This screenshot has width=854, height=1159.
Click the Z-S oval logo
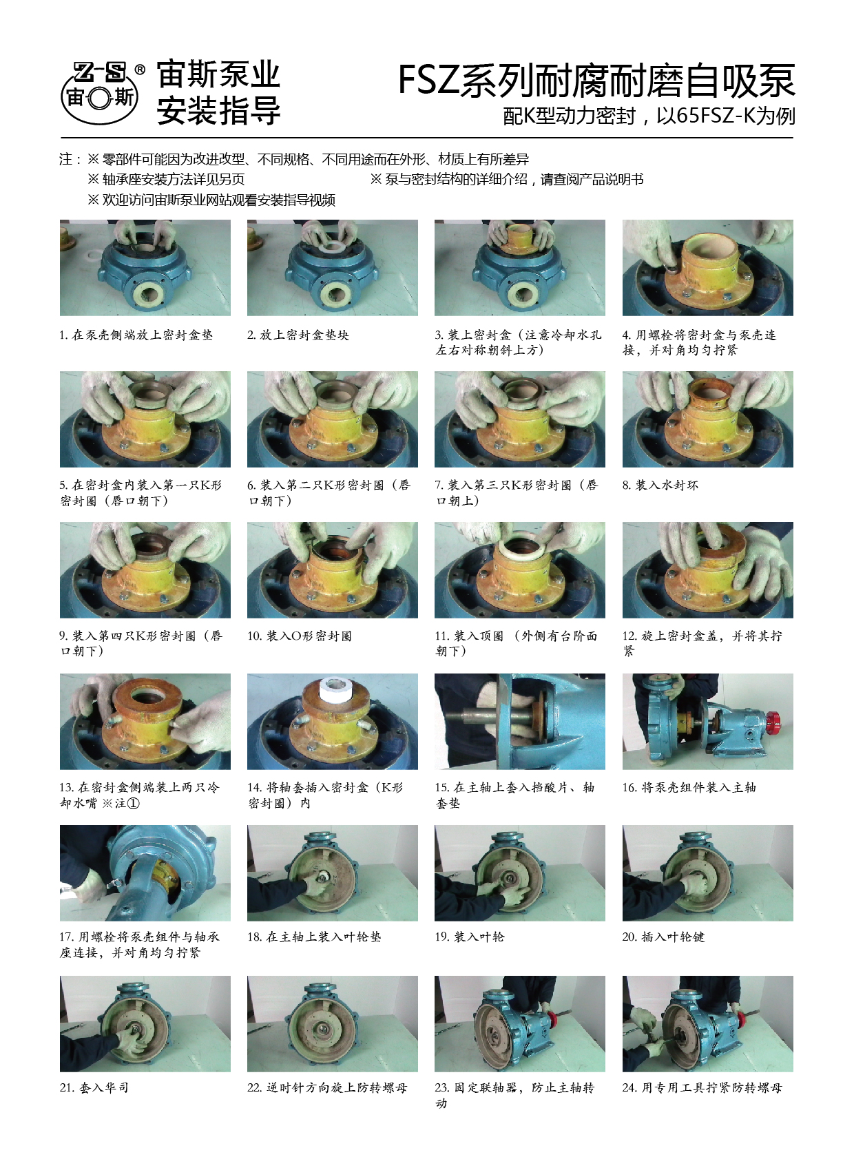(99, 93)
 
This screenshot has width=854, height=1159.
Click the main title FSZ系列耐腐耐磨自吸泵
(596, 81)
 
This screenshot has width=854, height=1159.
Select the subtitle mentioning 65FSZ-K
(649, 116)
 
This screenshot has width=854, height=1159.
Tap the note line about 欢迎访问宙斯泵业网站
(211, 200)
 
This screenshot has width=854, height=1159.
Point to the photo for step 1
(145, 267)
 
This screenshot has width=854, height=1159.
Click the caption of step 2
(298, 335)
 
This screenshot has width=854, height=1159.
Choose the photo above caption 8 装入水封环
(707, 419)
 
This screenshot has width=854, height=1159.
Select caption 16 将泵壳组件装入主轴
(689, 787)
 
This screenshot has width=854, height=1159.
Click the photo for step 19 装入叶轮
(520, 873)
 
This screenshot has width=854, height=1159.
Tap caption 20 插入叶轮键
(663, 937)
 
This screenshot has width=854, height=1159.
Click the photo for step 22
(332, 1024)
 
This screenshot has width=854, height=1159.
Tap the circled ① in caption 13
(133, 804)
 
